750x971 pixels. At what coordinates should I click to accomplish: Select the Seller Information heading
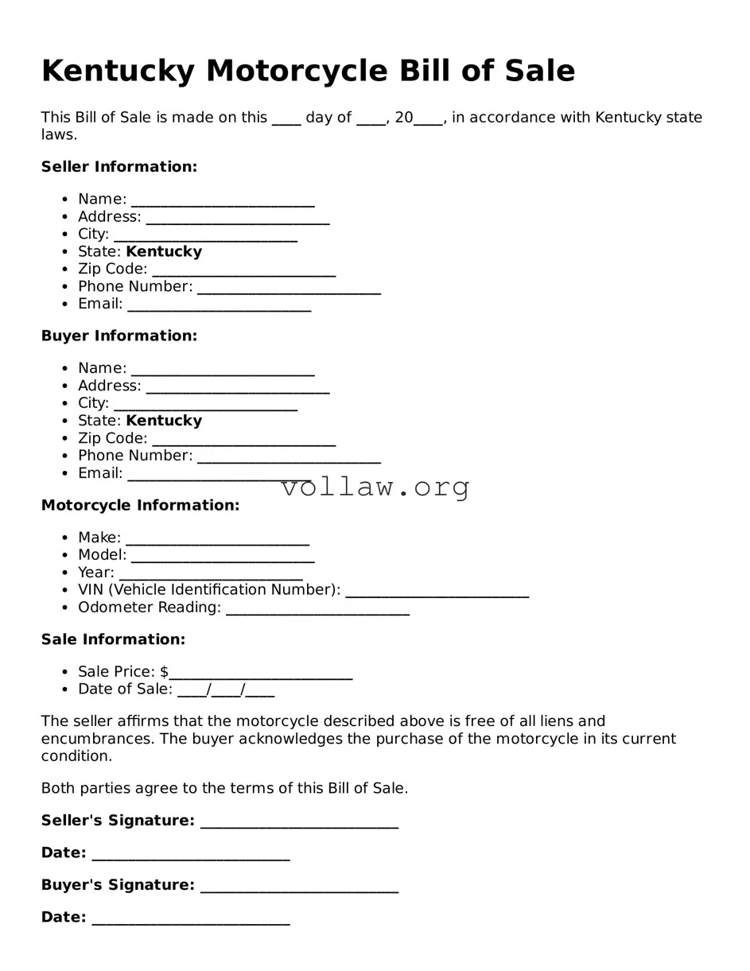tap(119, 167)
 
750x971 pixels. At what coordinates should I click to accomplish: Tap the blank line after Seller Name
tap(223, 200)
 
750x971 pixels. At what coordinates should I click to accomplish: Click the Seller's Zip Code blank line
tap(243, 270)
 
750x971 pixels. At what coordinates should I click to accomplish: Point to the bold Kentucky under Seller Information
tap(164, 252)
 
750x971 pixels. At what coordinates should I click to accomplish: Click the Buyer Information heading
tap(119, 336)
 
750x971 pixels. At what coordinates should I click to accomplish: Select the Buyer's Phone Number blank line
tap(289, 456)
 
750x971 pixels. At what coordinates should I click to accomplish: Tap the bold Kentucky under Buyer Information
tap(164, 421)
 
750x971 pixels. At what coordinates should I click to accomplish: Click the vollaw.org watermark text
tap(375, 487)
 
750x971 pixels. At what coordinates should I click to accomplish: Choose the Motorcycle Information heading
tap(140, 506)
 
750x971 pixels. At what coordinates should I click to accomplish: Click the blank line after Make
tap(217, 539)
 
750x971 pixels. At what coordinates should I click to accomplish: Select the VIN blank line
tap(437, 591)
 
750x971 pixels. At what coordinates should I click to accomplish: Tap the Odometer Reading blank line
tap(317, 608)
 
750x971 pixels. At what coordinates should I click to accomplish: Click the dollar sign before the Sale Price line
tap(164, 672)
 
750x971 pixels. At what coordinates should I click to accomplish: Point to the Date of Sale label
tap(125, 689)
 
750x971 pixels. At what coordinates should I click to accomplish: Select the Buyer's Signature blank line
tap(299, 887)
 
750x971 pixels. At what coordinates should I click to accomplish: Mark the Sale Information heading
tap(113, 640)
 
